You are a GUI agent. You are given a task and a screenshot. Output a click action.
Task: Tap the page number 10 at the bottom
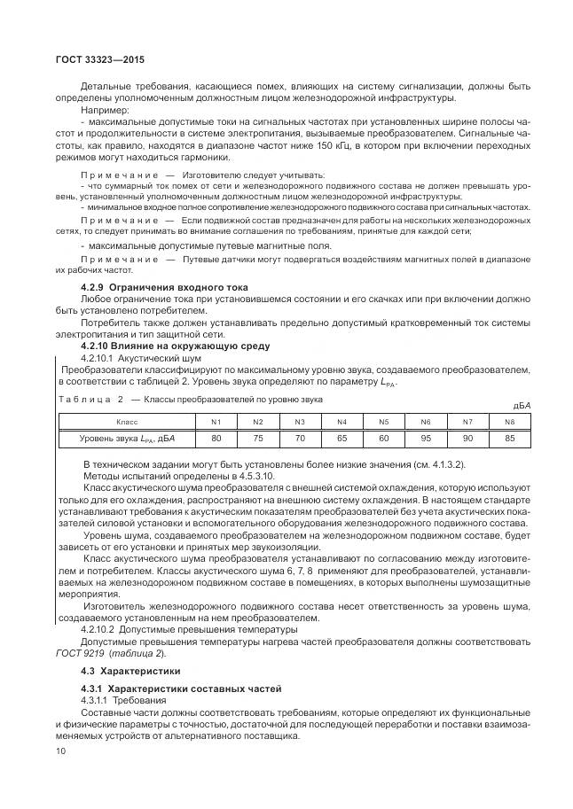click(60, 752)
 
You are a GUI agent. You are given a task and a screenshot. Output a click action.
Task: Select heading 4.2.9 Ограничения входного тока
click(164, 287)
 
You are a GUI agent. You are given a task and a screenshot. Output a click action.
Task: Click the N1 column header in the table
click(216, 421)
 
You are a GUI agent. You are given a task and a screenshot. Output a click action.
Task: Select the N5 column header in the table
click(383, 421)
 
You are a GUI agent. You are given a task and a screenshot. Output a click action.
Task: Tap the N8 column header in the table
click(509, 421)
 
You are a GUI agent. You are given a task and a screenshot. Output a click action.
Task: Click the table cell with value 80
click(216, 438)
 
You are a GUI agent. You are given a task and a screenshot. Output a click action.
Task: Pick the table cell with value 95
click(425, 438)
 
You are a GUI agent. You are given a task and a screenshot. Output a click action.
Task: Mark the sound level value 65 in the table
click(341, 438)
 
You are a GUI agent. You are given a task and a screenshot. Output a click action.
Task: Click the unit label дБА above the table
click(522, 406)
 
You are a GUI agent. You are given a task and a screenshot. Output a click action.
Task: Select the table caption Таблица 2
click(89, 400)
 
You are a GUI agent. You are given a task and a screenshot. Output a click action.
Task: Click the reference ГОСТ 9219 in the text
click(106, 652)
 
